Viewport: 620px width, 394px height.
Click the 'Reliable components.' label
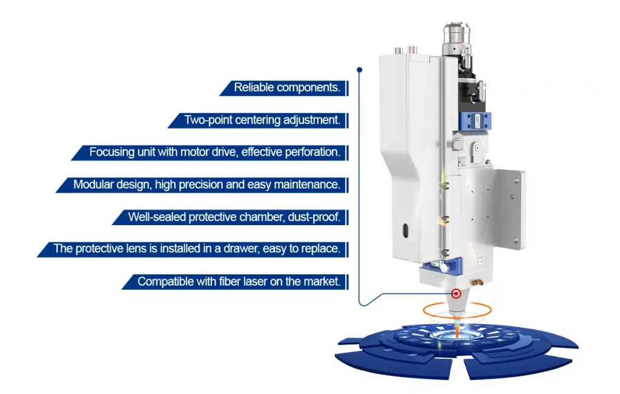pyautogui.click(x=287, y=87)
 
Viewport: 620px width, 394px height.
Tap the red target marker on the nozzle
pyautogui.click(x=456, y=294)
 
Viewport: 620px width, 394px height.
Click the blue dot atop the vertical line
pyautogui.click(x=360, y=70)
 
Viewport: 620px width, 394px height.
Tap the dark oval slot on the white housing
pyautogui.click(x=405, y=231)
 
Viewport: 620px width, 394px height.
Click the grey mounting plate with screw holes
pyautogui.click(x=510, y=209)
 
